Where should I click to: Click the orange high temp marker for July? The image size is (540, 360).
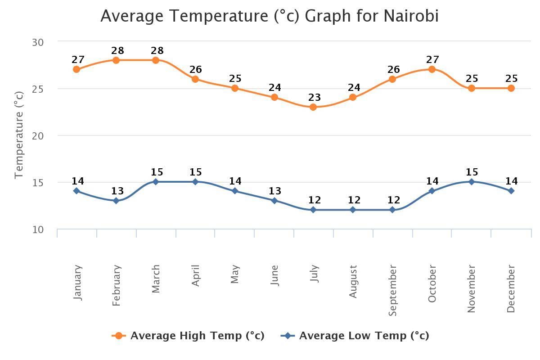tap(313, 107)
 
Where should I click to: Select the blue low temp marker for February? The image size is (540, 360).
tap(116, 201)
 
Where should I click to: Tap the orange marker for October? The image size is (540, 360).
tap(432, 69)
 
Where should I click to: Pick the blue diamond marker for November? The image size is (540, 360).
tap(472, 182)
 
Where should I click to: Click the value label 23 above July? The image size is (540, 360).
tap(315, 97)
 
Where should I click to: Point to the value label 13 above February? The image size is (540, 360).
tap(117, 191)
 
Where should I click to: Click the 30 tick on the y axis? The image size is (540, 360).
tap(38, 42)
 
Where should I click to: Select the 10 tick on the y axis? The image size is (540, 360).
tap(38, 229)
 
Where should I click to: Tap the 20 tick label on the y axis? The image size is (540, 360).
tap(38, 135)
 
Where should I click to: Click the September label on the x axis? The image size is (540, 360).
tap(392, 290)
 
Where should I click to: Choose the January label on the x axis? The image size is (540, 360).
tap(77, 282)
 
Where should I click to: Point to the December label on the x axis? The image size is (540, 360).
tap(511, 288)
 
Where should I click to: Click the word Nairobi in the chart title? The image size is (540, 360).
tap(411, 16)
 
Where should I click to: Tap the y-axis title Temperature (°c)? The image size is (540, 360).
tap(18, 135)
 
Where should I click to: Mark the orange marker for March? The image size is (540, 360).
tap(156, 60)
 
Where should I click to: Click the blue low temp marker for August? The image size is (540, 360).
tap(353, 210)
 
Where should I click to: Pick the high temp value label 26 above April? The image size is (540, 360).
tap(196, 69)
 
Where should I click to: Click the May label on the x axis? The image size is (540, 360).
tap(235, 274)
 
